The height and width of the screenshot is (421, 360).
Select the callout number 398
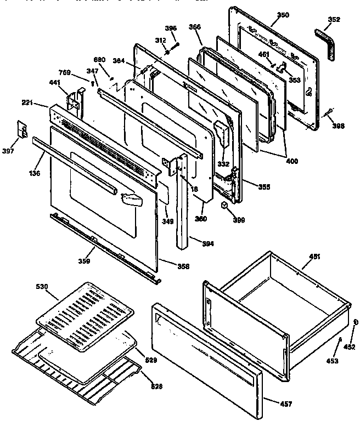[x=339, y=126]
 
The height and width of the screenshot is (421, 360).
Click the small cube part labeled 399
[x=224, y=205]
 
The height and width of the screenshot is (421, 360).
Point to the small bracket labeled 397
[x=23, y=129]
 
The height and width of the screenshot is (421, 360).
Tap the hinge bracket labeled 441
[x=75, y=102]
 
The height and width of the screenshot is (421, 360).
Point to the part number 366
[x=195, y=26]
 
